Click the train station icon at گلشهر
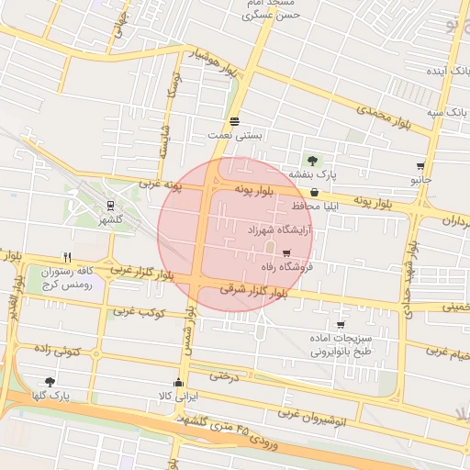[x=110, y=206]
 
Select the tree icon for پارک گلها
[x=50, y=382]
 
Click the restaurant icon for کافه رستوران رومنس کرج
[x=67, y=257]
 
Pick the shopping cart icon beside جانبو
[x=420, y=167]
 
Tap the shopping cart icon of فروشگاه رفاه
[x=286, y=253]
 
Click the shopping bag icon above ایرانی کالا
[x=178, y=383]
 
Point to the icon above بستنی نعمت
[x=235, y=120]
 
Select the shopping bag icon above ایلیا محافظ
[x=316, y=193]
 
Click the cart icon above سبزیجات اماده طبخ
[x=341, y=324]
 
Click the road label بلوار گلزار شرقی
[x=253, y=291]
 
